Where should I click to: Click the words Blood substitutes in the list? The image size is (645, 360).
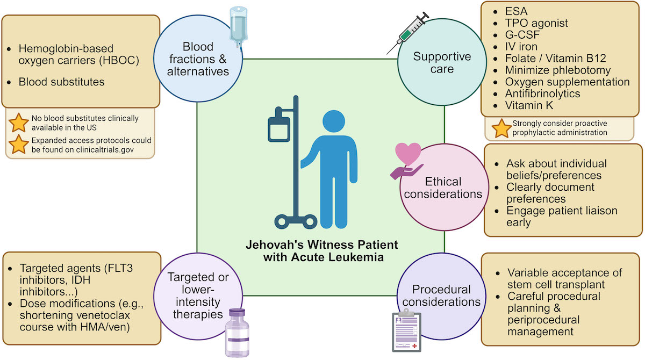click(x=61, y=82)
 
